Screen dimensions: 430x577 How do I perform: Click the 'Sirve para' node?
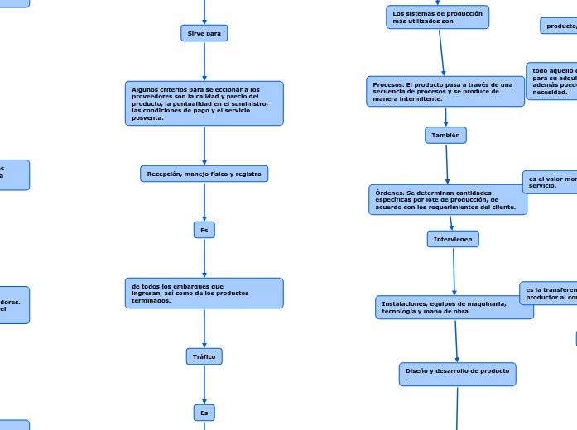point(204,33)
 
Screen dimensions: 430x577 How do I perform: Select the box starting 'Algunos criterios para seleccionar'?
point(204,103)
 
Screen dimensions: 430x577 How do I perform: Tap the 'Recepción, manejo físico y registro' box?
point(204,174)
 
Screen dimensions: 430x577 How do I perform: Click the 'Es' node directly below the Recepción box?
point(204,230)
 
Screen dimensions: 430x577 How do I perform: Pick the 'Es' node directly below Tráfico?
point(204,412)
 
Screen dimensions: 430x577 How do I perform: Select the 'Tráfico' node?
point(204,356)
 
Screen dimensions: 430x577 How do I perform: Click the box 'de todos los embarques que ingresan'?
point(204,293)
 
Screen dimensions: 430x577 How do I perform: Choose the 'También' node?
point(446,135)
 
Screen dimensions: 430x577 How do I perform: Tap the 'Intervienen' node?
point(453,239)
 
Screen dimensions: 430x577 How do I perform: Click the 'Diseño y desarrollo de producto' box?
point(457,374)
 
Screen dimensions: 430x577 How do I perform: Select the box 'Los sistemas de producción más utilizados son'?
point(437,17)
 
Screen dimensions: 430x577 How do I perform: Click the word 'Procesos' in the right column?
point(387,84)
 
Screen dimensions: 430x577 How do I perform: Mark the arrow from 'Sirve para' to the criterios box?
point(204,61)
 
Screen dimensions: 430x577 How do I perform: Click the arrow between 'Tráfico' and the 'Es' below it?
point(204,385)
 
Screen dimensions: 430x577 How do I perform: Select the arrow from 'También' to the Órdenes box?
point(447,164)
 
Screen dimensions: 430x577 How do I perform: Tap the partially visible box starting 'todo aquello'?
point(552,81)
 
